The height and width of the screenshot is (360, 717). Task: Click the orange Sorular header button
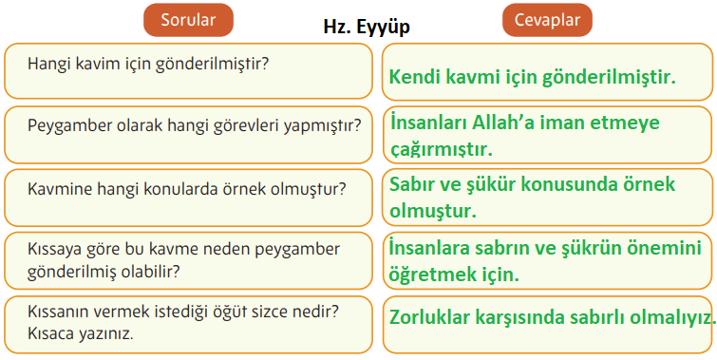[189, 19]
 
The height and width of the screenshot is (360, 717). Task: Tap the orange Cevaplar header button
[547, 19]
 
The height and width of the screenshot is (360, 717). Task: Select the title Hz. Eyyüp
[367, 28]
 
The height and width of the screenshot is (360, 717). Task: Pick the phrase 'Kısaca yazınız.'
[81, 334]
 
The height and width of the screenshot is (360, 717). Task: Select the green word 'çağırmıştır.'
[441, 149]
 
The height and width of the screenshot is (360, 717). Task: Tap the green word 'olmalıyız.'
[670, 316]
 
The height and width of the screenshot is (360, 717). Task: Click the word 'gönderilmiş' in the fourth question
[72, 271]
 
